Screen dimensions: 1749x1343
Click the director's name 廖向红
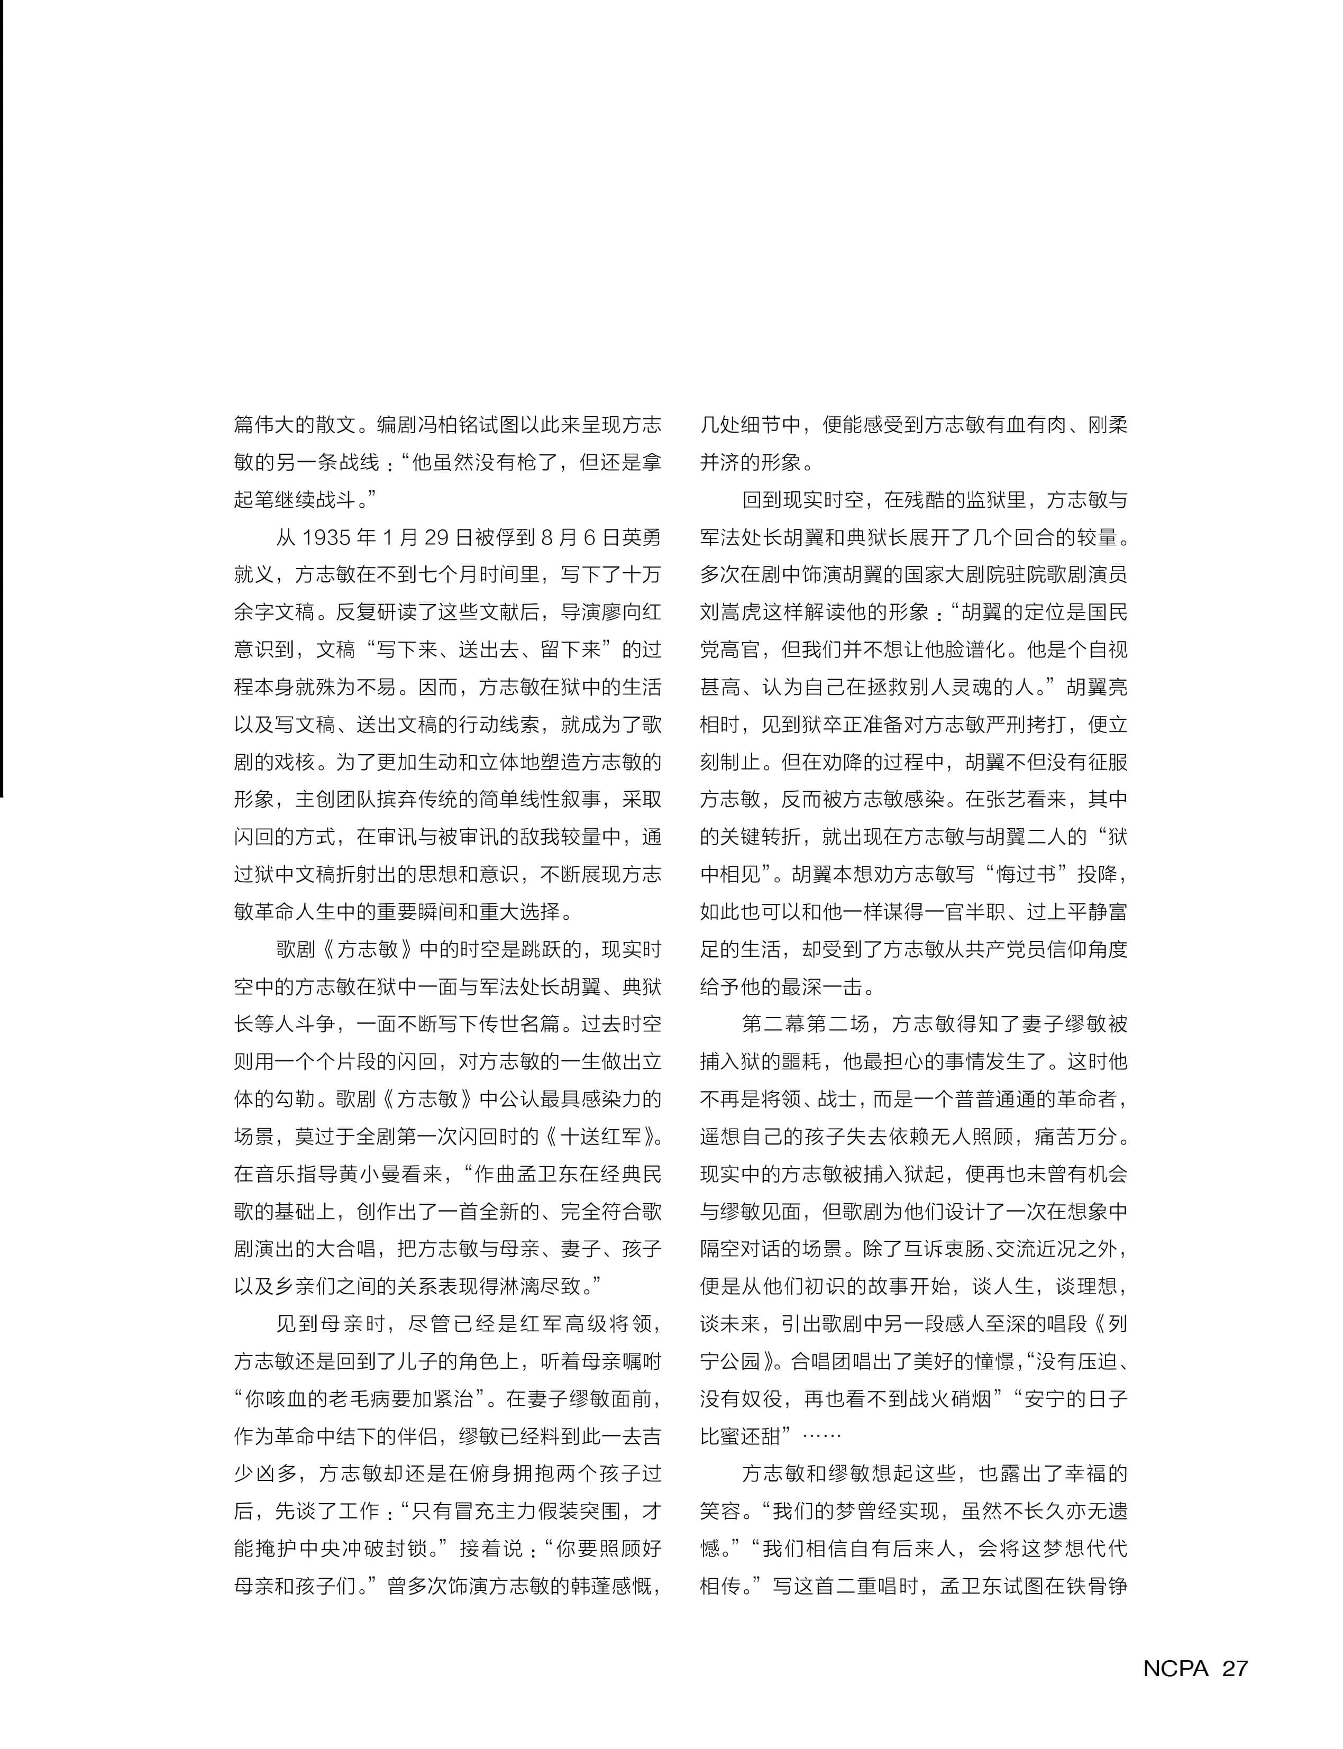point(620,613)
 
